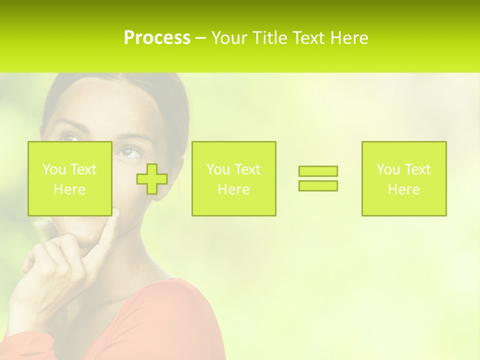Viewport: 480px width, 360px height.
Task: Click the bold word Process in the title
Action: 157,38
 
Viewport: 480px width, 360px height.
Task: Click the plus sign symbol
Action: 152,179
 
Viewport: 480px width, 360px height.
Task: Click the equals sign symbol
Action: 318,178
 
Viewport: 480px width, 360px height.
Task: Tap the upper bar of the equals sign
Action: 318,171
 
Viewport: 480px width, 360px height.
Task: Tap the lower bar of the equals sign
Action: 318,185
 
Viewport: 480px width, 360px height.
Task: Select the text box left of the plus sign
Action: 69,178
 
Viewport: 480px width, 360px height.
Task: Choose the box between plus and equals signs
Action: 233,178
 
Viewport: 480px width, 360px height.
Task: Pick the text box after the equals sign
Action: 403,178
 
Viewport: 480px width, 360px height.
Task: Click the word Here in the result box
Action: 403,189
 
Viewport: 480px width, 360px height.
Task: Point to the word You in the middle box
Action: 218,169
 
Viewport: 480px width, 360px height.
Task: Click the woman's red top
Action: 165,325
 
